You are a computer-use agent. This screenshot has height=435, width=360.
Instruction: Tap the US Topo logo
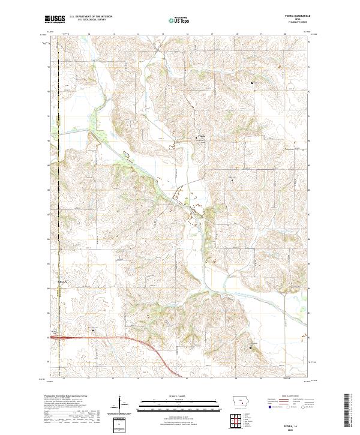(176, 20)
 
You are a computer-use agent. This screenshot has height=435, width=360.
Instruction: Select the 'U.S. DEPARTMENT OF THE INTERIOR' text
(91, 17)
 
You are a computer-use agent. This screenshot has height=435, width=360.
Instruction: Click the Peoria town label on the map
(202, 136)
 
